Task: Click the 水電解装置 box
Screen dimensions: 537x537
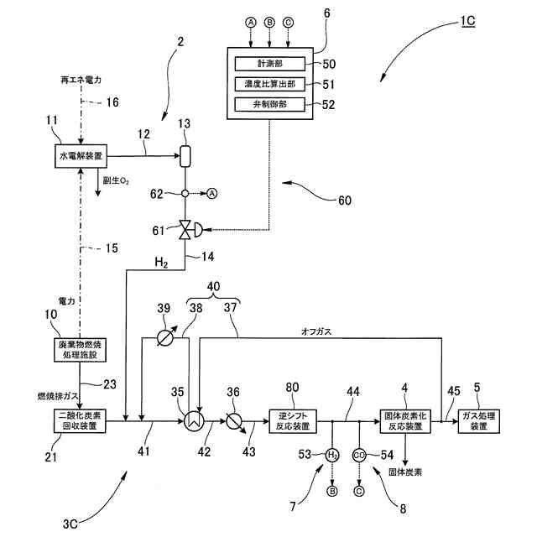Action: (80, 156)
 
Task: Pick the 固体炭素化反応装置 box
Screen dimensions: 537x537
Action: (406, 420)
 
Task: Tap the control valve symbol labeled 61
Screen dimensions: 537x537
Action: (185, 227)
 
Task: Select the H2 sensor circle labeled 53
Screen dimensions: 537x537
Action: (332, 455)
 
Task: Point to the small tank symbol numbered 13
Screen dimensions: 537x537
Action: (185, 156)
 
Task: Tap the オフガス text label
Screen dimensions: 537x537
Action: (315, 331)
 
